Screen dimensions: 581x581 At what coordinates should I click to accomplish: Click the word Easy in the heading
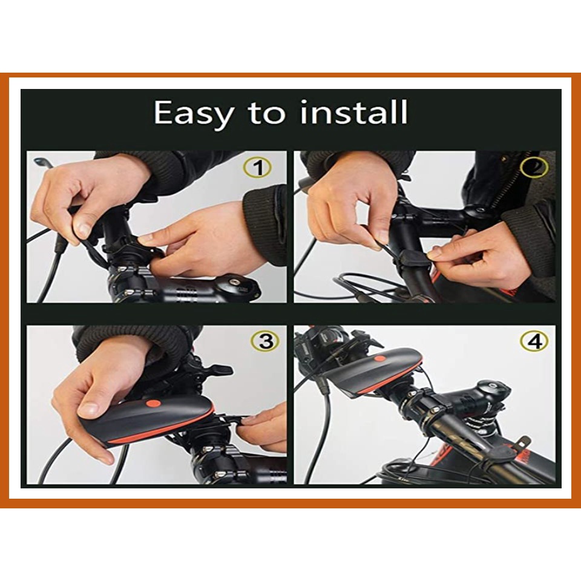[x=194, y=113]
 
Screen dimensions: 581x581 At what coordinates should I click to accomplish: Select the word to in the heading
[x=267, y=113]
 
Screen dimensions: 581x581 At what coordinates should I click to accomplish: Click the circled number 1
[x=258, y=168]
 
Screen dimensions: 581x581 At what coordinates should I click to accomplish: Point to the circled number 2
[x=534, y=168]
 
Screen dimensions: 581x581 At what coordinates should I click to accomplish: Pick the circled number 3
[x=266, y=341]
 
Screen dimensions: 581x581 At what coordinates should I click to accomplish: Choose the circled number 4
[x=534, y=341]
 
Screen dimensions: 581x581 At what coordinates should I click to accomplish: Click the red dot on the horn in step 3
[x=153, y=404]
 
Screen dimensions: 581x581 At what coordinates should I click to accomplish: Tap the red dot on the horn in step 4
[x=379, y=358]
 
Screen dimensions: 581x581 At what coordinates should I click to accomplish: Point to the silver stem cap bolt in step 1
[x=234, y=283]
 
